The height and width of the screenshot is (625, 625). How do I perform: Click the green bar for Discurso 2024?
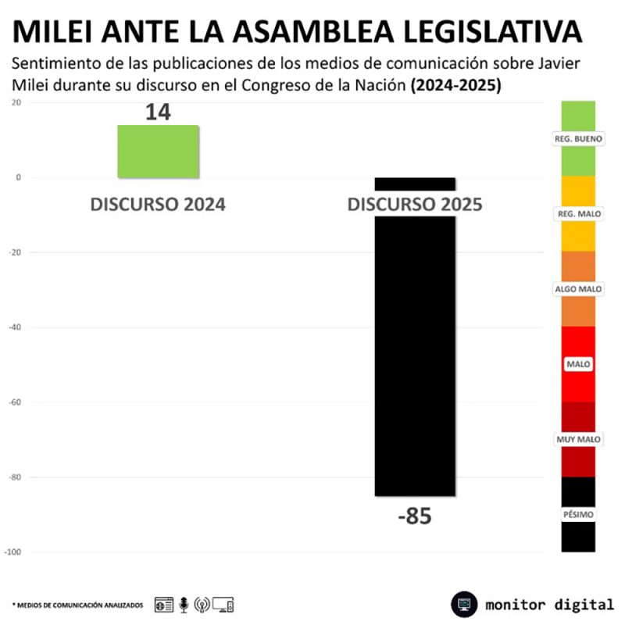[x=158, y=150]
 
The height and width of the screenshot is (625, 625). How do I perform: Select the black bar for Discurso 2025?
[x=414, y=352]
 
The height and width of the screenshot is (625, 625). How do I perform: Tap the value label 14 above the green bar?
[x=158, y=112]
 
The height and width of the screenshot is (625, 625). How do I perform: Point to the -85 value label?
[x=414, y=516]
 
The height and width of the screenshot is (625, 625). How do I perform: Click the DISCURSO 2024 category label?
[x=158, y=205]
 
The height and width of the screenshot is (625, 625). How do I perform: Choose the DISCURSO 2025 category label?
[x=414, y=205]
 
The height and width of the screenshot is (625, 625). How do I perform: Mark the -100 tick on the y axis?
[x=13, y=552]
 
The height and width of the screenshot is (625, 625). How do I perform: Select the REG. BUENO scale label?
[x=578, y=138]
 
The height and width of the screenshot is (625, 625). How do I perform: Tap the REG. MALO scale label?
[x=578, y=213]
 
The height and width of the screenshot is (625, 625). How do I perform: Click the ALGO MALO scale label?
[x=578, y=289]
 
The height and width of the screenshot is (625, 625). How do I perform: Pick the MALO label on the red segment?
[x=578, y=364]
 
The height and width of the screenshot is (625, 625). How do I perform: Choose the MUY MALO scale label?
[x=578, y=440]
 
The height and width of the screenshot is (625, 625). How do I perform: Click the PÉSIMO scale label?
[x=578, y=515]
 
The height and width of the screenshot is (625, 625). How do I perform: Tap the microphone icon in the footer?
[x=184, y=604]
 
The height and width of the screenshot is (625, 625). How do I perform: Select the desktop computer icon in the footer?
[x=223, y=604]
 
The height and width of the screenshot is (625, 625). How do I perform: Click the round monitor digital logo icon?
[x=464, y=604]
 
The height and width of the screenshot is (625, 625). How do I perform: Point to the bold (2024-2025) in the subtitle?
[x=456, y=85]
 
